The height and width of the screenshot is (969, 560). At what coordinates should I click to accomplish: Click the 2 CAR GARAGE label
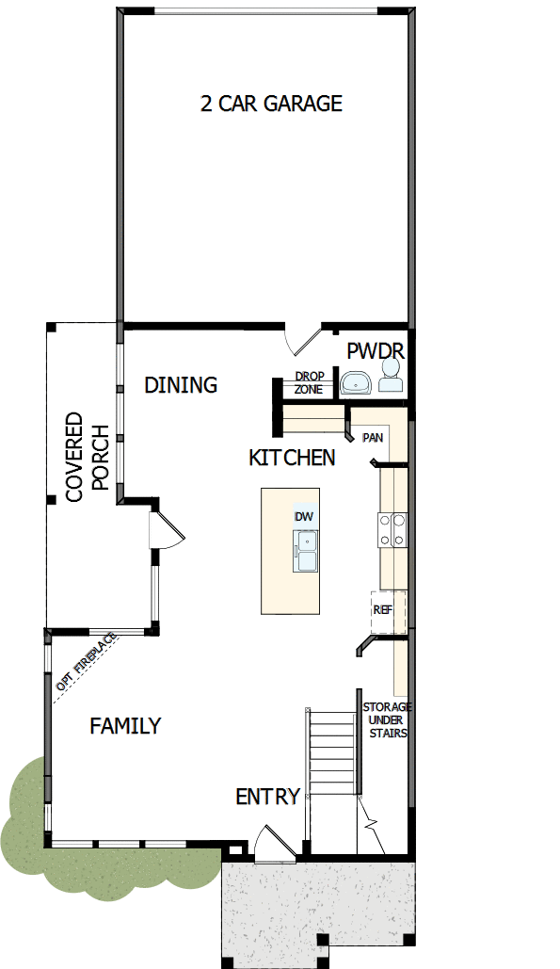[271, 104]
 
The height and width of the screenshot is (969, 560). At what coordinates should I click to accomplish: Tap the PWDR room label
[376, 351]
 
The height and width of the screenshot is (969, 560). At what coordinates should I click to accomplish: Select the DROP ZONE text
[309, 382]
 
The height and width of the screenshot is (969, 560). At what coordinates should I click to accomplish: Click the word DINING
[181, 384]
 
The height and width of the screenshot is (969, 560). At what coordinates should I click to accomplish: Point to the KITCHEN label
[292, 458]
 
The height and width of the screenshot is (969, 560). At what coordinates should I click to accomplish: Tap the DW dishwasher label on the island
[303, 517]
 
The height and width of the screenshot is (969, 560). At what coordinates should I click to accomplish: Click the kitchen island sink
[306, 550]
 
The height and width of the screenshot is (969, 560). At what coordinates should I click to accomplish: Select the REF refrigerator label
[382, 609]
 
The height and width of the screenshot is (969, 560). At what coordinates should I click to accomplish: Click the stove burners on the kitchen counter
[392, 529]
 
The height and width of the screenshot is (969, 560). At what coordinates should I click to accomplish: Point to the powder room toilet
[391, 380]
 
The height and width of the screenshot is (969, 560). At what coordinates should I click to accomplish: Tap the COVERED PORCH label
[88, 456]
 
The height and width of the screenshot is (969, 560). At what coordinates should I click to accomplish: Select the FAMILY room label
[125, 726]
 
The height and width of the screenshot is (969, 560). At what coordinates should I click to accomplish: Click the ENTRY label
[267, 797]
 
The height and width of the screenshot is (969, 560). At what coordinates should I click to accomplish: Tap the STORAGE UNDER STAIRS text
[387, 719]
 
